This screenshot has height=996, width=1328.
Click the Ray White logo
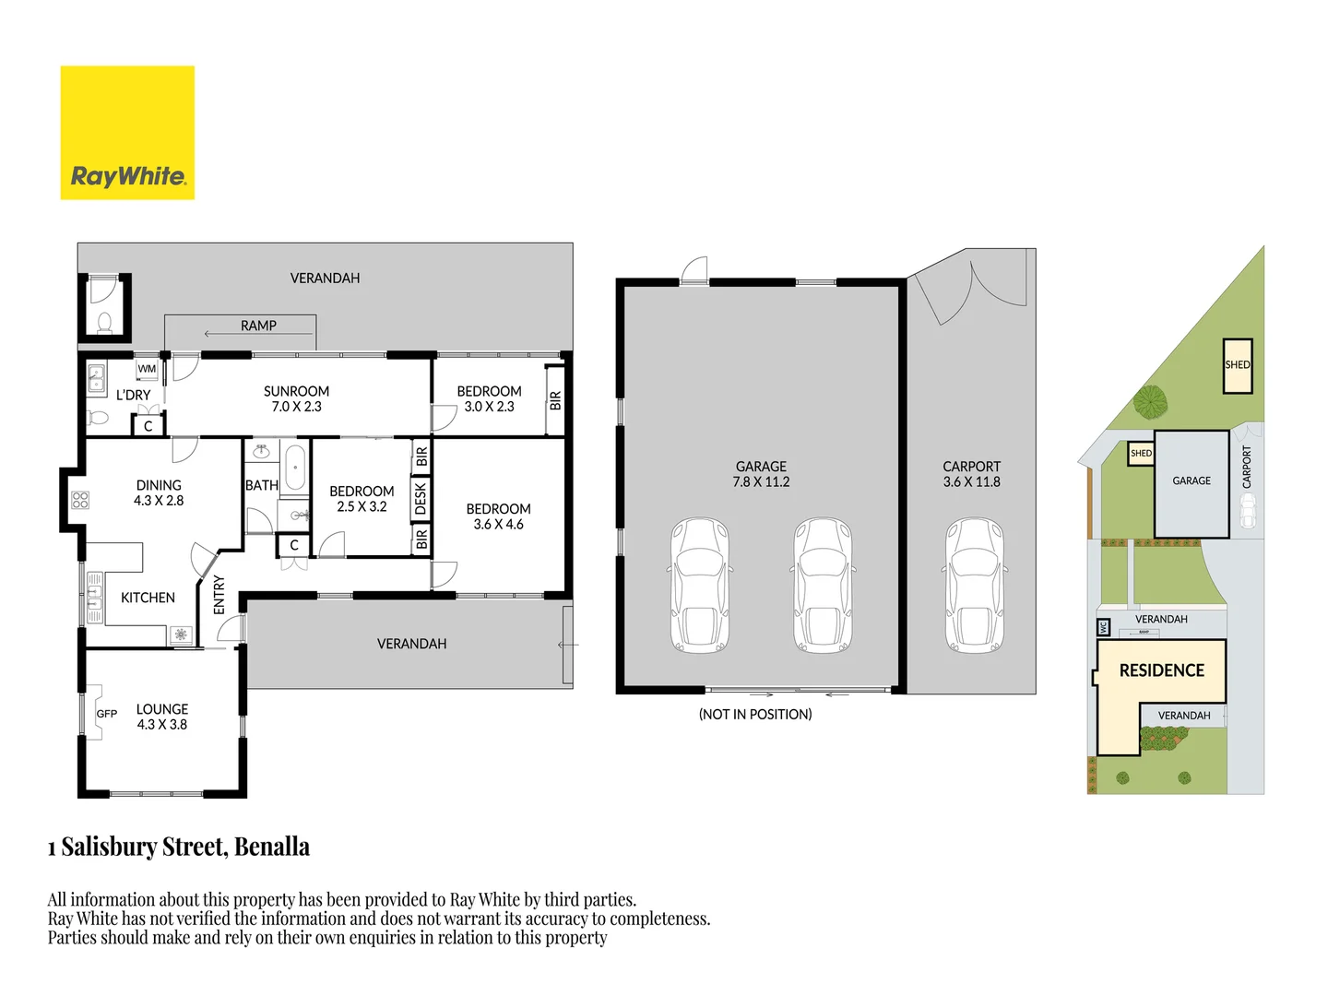click(x=127, y=133)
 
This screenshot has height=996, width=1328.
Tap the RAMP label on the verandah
click(x=258, y=326)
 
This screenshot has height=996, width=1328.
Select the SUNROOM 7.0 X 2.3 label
click(x=296, y=398)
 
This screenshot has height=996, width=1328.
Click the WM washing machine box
click(x=147, y=369)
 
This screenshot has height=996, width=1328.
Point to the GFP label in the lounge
click(x=107, y=714)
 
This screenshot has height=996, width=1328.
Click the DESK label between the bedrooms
click(x=421, y=499)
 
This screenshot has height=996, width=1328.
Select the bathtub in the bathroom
click(x=294, y=468)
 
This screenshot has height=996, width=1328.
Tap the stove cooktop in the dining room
click(x=80, y=501)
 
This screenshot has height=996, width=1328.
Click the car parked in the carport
click(x=974, y=586)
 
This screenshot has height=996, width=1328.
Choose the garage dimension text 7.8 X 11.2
click(x=761, y=481)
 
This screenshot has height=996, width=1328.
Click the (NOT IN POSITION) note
click(x=755, y=714)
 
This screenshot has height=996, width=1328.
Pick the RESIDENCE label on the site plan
click(x=1161, y=670)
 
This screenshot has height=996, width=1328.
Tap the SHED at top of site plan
click(x=1238, y=365)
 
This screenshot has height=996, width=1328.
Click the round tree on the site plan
click(x=1150, y=401)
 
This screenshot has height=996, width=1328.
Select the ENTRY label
click(x=219, y=595)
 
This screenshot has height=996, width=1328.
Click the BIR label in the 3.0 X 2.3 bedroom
click(x=555, y=400)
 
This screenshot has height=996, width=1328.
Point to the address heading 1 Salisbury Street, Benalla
click(x=179, y=847)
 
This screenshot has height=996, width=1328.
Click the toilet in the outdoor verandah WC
click(x=104, y=322)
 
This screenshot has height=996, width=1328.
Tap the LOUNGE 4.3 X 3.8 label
click(x=162, y=717)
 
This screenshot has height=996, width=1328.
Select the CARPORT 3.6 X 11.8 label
click(x=971, y=474)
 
